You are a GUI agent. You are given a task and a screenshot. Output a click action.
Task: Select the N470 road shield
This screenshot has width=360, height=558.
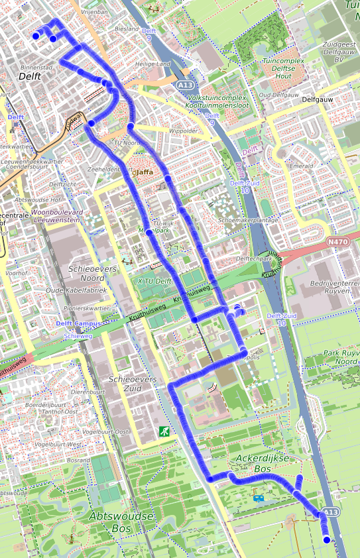[338, 243]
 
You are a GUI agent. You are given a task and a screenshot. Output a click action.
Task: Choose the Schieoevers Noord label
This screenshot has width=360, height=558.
[92, 274]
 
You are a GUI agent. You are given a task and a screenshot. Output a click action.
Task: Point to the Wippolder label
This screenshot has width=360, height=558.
[184, 131]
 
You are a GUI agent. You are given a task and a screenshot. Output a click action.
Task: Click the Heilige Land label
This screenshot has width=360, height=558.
[152, 64]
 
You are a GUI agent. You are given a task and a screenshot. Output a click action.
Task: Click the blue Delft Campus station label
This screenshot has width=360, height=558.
[78, 323]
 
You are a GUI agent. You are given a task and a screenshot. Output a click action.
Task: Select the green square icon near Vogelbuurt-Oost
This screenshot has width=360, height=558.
[163, 431]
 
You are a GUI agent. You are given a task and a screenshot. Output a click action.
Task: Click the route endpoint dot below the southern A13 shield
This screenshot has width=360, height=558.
[326, 540]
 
